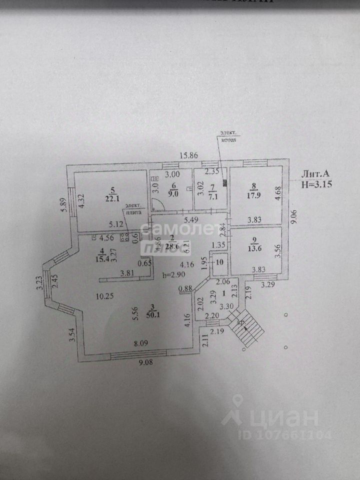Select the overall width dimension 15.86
190,155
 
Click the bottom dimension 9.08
145,362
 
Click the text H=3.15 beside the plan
316,184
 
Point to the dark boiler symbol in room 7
225,183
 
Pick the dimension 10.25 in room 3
105,295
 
